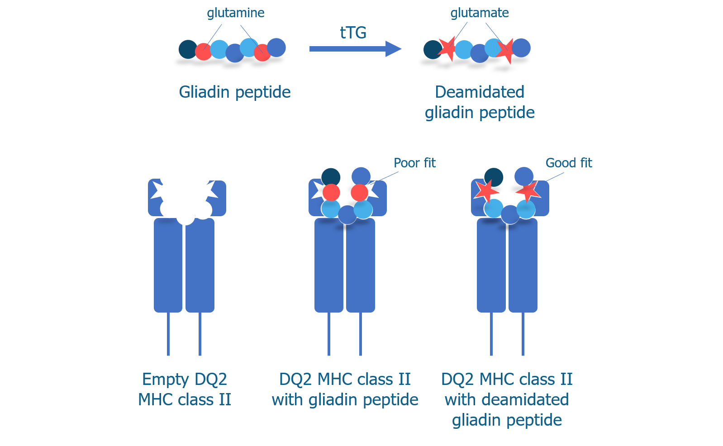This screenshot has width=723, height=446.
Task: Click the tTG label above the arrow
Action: pyautogui.click(x=353, y=33)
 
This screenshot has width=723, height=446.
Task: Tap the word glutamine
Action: pyautogui.click(x=236, y=13)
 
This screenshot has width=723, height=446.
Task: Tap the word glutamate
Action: pyautogui.click(x=480, y=13)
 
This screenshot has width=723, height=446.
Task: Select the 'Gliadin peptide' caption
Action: pyautogui.click(x=235, y=92)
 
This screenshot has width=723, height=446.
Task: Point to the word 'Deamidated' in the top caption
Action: pyautogui.click(x=480, y=92)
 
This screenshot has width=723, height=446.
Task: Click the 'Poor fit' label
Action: pyautogui.click(x=414, y=163)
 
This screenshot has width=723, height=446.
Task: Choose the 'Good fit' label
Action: pyautogui.click(x=569, y=163)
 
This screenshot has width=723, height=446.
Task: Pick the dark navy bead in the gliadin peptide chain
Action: pyautogui.click(x=187, y=49)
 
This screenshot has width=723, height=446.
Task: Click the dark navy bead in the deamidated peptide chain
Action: pyautogui.click(x=432, y=49)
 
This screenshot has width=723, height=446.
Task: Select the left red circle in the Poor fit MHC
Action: pyautogui.click(x=331, y=193)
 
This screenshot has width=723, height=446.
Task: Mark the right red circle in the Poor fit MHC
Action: pyautogui.click(x=360, y=193)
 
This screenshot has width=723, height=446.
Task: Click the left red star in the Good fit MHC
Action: pyautogui.click(x=486, y=191)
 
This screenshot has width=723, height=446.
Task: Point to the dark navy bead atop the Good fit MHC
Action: pyautogui.click(x=494, y=177)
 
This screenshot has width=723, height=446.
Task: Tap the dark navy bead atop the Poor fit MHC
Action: pyautogui.click(x=331, y=177)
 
